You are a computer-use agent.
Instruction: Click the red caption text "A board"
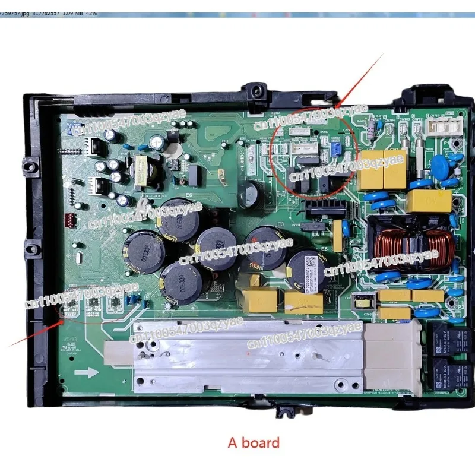254,442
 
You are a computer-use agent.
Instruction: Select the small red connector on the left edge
73,217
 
